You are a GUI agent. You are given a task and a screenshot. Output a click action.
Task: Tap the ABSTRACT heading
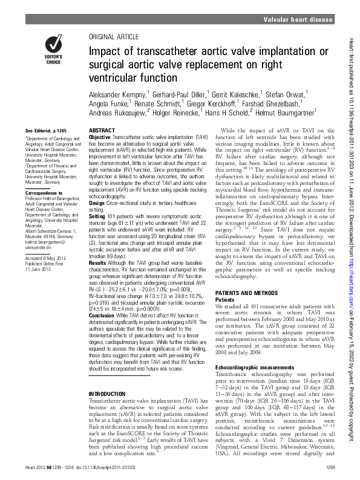[x=100, y=131]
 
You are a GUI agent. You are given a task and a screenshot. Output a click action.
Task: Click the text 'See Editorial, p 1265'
[x=47, y=131]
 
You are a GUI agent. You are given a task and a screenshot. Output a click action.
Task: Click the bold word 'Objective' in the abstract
[x=100, y=138]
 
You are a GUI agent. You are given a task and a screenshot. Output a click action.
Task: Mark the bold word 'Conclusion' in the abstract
[x=102, y=315]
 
